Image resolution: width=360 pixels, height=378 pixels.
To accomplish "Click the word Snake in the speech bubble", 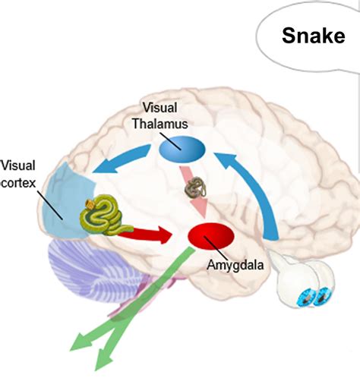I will click(x=313, y=36).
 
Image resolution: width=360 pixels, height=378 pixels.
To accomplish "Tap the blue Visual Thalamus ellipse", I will click(x=182, y=148).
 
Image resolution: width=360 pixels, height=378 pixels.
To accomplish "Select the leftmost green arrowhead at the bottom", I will click(x=80, y=346).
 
